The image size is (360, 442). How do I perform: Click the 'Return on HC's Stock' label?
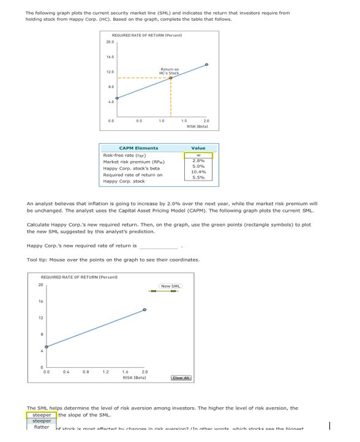point(170,71)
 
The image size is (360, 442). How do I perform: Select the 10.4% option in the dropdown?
point(198,171)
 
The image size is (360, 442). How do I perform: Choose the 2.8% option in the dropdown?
point(198,160)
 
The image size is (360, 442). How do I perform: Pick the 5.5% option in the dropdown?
point(198,178)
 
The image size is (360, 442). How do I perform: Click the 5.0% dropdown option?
point(198,166)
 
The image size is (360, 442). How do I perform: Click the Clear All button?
point(182,378)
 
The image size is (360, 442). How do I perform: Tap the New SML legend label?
point(170,287)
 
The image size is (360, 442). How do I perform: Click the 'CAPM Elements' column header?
point(138,148)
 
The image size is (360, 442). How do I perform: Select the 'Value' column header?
point(198,148)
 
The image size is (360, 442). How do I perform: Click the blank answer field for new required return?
point(158,246)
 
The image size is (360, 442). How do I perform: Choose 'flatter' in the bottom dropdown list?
point(41,427)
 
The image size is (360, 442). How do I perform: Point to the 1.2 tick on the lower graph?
point(105,371)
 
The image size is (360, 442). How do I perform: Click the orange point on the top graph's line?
point(171,78)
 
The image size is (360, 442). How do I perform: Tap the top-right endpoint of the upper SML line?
point(206,64)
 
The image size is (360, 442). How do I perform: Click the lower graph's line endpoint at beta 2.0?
point(144,310)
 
